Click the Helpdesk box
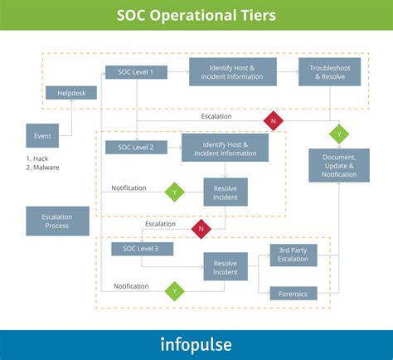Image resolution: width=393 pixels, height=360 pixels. [70, 93]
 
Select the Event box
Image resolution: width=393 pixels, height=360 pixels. [41, 135]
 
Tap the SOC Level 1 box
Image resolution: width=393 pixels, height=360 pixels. [136, 72]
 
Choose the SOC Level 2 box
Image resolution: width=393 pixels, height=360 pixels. [136, 147]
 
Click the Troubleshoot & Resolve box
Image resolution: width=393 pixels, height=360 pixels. [330, 71]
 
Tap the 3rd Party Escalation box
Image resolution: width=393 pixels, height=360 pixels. [294, 255]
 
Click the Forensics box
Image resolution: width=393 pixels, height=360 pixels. [294, 292]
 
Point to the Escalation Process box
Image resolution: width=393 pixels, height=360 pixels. [56, 221]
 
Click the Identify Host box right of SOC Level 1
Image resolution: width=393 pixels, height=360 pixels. [233, 71]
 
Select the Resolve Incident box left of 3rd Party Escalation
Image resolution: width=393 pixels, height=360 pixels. [226, 267]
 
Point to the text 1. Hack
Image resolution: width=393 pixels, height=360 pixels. [37, 158]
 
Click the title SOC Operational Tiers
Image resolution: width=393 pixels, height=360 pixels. [196, 16]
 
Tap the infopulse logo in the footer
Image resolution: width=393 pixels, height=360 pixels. [196, 344]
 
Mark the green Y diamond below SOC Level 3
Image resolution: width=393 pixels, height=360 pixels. [174, 290]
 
